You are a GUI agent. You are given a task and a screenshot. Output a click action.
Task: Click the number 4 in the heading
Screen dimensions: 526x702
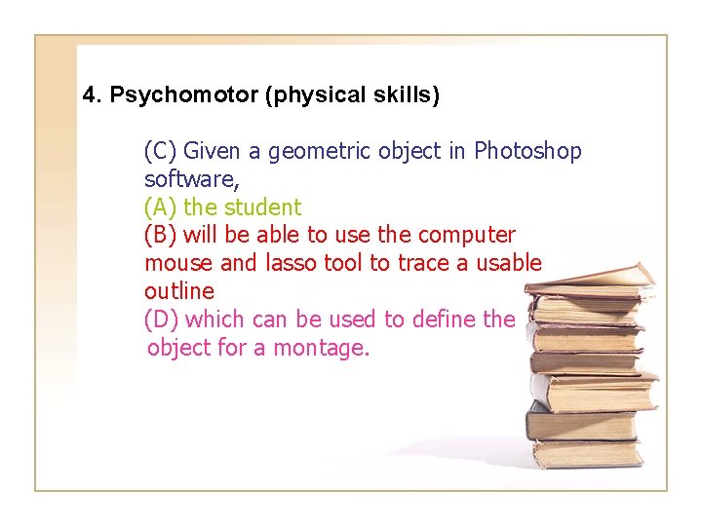pos(90,94)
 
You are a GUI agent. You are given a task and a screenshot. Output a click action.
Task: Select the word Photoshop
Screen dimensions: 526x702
pos(527,152)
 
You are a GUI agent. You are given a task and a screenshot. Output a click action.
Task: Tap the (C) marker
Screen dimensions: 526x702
pos(161,152)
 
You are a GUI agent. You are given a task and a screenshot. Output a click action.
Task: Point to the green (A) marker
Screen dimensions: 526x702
pos(161,207)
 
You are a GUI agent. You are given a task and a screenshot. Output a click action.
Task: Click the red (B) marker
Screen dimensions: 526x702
pos(161,236)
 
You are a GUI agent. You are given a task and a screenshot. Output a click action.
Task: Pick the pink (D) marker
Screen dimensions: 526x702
pos(162,319)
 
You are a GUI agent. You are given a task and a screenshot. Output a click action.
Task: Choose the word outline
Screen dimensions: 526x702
pos(178,291)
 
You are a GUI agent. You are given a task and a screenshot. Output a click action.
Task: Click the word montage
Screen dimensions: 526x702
pos(324,348)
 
